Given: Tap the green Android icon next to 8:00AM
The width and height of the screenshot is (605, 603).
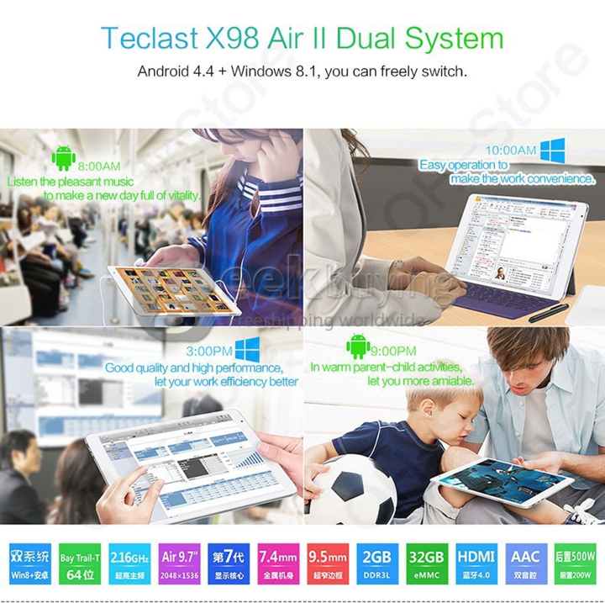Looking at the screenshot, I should tap(63, 158).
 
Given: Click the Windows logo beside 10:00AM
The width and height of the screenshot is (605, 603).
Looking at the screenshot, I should tap(553, 151).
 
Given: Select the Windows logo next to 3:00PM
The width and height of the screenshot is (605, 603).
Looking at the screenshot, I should tap(246, 350).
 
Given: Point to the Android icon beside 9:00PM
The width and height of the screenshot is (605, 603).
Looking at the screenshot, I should tap(359, 346).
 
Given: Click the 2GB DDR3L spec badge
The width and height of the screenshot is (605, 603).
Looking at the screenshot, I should tap(376, 563).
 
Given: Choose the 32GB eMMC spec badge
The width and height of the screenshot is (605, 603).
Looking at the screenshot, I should tap(425, 563).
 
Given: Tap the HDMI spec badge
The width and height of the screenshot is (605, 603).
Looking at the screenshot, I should tap(476, 563).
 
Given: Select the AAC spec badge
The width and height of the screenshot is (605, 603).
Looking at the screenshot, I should tap(525, 563).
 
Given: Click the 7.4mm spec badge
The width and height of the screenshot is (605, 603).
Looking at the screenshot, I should tap(277, 563).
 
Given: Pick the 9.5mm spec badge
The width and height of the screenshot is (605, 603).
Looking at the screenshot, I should tap(327, 563).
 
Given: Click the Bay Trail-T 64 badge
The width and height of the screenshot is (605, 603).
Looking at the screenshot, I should tap(79, 563).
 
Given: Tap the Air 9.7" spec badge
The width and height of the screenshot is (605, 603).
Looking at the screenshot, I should tap(178, 563).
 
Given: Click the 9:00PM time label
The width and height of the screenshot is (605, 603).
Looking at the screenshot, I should tap(395, 351).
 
